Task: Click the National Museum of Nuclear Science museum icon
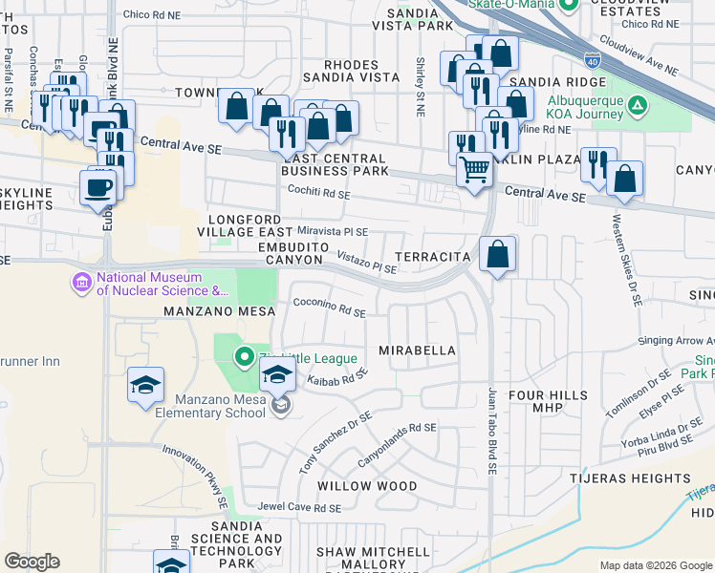tap(80, 284)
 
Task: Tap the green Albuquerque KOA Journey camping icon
tap(637, 103)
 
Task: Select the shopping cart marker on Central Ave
tap(474, 170)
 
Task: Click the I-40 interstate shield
tap(593, 60)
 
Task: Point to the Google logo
tap(32, 562)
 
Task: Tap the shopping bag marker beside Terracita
tap(498, 254)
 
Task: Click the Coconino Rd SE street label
tap(330, 311)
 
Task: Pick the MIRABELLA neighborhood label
tap(418, 350)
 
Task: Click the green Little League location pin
tap(244, 358)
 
